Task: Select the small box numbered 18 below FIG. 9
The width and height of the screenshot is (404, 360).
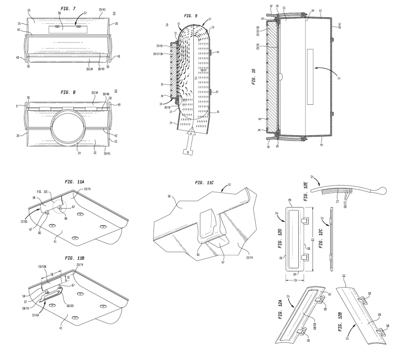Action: coord(185,152)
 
